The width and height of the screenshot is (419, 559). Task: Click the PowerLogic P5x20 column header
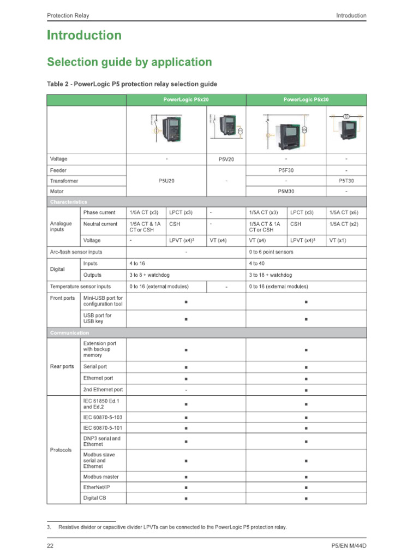(186, 100)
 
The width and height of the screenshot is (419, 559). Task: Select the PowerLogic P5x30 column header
(306, 100)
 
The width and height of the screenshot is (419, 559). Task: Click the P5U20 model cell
(166, 181)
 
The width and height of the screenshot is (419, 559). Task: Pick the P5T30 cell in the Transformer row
(346, 181)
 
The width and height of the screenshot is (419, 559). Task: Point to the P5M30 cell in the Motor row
(286, 192)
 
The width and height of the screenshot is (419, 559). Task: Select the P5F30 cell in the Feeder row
(286, 170)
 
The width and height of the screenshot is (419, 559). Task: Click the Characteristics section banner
(68, 202)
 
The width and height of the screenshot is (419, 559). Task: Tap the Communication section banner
(69, 332)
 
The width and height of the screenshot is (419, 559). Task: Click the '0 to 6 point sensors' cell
(271, 252)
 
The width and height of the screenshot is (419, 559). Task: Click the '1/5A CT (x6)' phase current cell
(344, 212)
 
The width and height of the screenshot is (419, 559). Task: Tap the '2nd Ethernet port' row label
(103, 390)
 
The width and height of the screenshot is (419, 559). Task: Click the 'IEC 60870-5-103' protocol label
(103, 418)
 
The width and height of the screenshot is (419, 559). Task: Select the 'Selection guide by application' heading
(129, 62)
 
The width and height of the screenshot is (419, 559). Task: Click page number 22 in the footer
(50, 546)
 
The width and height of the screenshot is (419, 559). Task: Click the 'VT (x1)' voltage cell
(338, 240)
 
